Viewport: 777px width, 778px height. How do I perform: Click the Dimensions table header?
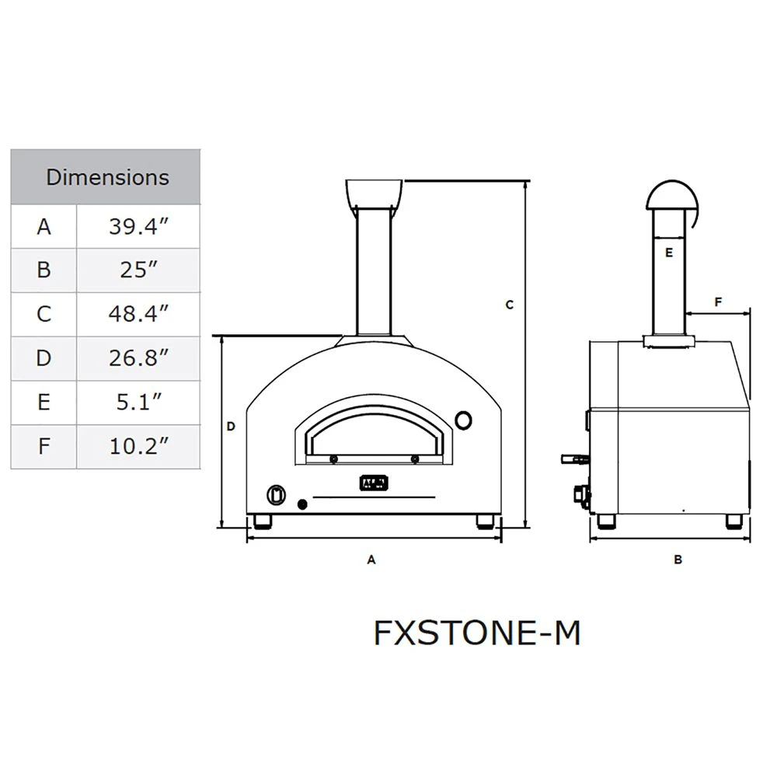coord(106,177)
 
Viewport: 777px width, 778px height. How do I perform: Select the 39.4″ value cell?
coord(138,227)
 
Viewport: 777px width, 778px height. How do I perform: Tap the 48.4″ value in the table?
coord(138,314)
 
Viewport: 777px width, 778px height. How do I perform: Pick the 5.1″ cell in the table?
coord(138,402)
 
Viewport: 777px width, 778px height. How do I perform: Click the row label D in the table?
coord(44,358)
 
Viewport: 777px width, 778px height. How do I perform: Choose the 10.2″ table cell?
coord(138,446)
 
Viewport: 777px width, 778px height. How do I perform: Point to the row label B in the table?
coord(44,270)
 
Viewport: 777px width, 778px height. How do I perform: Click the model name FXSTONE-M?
coord(477,633)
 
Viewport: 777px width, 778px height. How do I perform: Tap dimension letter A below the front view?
coord(371,559)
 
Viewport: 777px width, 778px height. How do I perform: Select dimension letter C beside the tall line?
coord(510,305)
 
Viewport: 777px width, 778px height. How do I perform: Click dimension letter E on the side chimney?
coord(669,253)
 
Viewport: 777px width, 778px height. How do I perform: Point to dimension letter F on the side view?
coord(718,301)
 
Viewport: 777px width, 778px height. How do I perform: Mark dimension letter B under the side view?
coord(678,559)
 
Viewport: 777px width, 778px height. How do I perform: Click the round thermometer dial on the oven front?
coord(463,420)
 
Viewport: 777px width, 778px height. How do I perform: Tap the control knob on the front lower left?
coord(276,494)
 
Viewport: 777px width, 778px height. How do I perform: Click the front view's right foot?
coord(486,521)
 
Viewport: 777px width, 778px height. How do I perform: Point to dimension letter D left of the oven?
coord(231,426)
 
